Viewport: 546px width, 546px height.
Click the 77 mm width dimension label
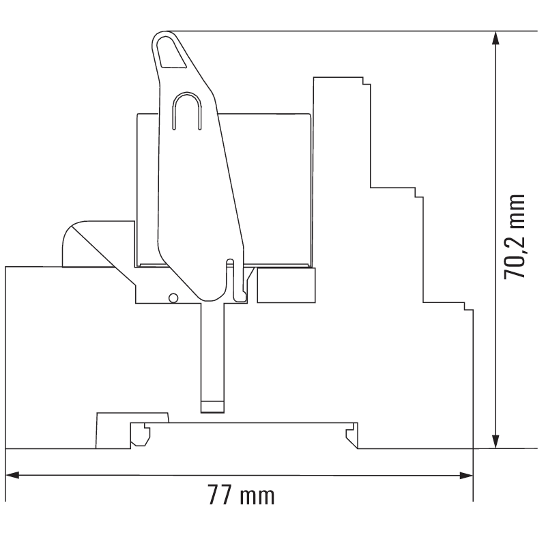[242, 495]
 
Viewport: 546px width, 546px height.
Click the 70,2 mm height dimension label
[515, 236]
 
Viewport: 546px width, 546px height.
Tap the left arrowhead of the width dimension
[12, 475]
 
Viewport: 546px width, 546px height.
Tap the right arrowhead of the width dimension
[466, 475]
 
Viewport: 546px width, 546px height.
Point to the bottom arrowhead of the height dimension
[496, 442]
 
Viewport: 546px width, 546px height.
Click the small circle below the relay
[173, 298]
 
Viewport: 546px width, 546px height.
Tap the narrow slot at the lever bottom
[230, 278]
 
